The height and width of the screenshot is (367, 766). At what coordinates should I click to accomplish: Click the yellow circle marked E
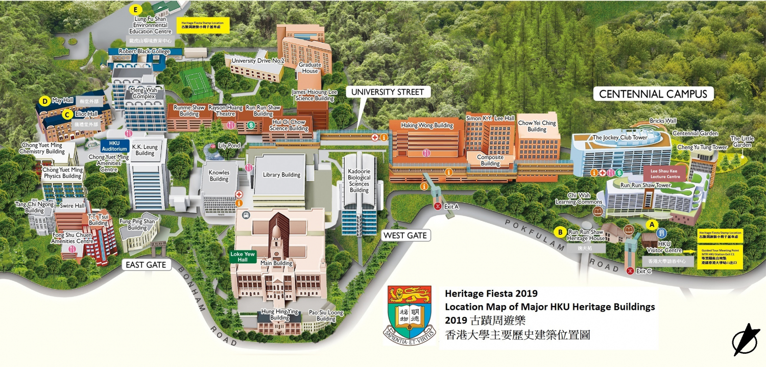coord(135,9)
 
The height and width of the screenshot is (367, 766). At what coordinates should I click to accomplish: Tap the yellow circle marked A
coord(651,224)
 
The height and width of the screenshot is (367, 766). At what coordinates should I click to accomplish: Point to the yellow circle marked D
coord(45,101)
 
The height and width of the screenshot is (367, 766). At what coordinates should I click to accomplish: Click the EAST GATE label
coord(147,265)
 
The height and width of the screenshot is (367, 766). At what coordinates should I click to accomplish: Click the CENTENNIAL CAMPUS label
coord(653,94)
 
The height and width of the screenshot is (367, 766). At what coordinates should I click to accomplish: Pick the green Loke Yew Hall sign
coord(243,257)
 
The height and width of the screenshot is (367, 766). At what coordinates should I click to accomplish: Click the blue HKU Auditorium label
coord(114,146)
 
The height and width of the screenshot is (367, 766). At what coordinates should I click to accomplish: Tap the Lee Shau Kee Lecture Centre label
coord(665,173)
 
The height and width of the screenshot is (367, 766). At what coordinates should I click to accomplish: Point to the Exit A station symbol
coord(437,206)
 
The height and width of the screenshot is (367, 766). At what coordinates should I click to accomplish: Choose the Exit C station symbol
coord(630,270)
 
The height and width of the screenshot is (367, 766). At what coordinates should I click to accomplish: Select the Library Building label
coord(281,175)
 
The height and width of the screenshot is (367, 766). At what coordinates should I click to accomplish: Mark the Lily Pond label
coord(229,146)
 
